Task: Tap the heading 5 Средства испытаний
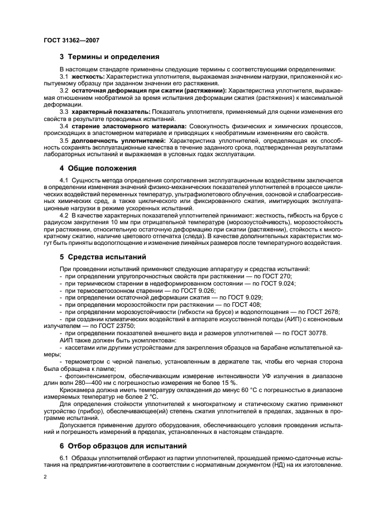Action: click(103, 257)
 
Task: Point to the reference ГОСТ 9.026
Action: click(202, 291)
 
